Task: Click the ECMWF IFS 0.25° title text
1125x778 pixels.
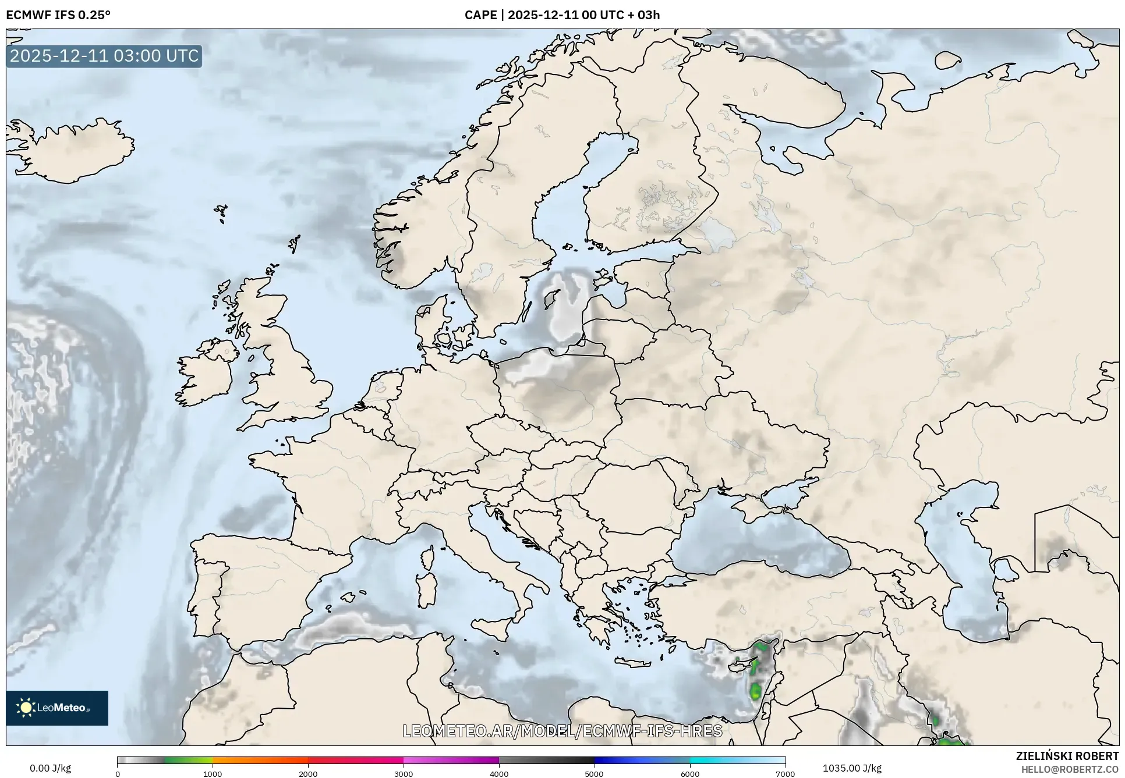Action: (x=58, y=15)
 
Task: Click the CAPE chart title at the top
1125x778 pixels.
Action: (x=562, y=15)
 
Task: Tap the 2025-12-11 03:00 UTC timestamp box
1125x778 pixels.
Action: (x=104, y=56)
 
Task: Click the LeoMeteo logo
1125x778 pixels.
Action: (x=57, y=708)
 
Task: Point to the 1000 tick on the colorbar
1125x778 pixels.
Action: (x=213, y=773)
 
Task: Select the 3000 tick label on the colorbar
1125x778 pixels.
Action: (x=404, y=773)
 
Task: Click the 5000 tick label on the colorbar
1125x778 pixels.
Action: (x=594, y=773)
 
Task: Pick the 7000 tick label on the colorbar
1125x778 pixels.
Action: (x=785, y=773)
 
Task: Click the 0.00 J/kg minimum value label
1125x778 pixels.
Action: (x=50, y=768)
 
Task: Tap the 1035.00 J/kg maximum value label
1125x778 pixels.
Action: (x=852, y=768)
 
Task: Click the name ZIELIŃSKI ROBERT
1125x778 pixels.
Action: (x=1067, y=756)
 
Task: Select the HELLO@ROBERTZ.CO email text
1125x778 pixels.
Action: (x=1070, y=769)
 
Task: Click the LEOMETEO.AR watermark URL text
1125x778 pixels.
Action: (x=562, y=731)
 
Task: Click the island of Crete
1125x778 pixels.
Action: (x=639, y=662)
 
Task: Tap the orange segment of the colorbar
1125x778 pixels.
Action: (x=259, y=760)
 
